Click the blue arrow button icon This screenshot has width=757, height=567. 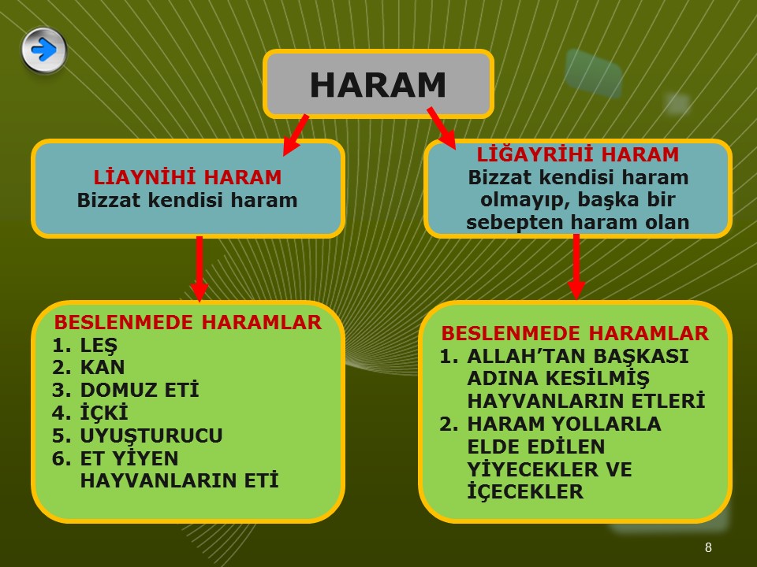[44, 50]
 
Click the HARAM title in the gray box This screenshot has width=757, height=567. [378, 85]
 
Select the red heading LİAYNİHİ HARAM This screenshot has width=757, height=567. [188, 177]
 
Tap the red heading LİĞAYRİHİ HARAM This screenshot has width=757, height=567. [578, 154]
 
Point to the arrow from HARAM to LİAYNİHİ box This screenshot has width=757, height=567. [295, 135]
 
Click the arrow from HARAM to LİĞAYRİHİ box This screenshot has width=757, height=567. [442, 128]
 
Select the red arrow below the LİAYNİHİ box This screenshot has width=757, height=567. [200, 269]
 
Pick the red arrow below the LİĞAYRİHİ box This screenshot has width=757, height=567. [576, 267]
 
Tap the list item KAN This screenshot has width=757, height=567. [103, 368]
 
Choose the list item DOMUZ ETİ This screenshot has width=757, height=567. [140, 390]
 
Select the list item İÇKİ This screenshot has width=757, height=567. [104, 412]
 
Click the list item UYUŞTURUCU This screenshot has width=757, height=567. [151, 435]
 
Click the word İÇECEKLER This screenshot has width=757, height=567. [525, 491]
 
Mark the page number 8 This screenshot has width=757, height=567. [708, 547]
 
